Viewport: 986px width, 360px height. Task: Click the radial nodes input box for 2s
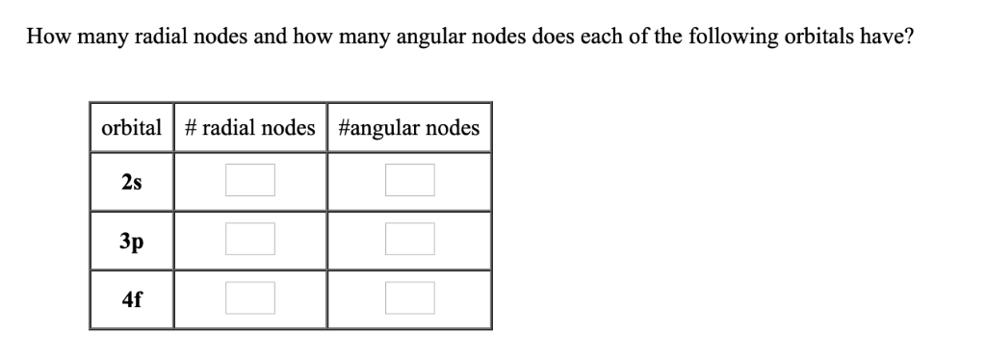pos(250,180)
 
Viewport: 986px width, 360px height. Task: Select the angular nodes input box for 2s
pos(409,180)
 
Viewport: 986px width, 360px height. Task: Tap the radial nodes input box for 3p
pos(250,239)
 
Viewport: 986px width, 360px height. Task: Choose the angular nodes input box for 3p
pos(409,239)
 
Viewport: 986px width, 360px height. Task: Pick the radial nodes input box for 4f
pos(250,298)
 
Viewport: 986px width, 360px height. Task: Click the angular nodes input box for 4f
pos(409,298)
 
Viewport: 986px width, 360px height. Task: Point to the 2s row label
pos(133,181)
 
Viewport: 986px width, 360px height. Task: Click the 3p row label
pos(133,240)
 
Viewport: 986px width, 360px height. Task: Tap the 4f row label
pos(133,298)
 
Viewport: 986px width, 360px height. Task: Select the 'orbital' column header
pos(132,128)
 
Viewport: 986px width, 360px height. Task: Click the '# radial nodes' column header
pos(249,128)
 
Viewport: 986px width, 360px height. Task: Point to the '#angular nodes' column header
pos(409,128)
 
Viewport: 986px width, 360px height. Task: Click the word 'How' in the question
pos(46,38)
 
